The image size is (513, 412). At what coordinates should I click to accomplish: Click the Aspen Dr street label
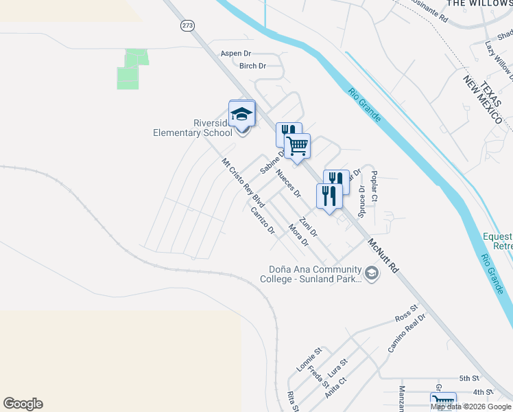(236, 53)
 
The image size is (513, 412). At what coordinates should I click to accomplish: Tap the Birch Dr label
(252, 66)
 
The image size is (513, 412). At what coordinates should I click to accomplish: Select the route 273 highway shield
(187, 25)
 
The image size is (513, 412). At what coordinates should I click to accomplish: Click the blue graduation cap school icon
(241, 114)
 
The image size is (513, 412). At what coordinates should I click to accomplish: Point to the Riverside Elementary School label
(193, 128)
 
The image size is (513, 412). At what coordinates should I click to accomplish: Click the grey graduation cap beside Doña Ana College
(372, 275)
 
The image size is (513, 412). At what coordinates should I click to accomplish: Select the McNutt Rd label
(383, 255)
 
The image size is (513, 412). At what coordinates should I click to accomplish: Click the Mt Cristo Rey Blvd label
(243, 182)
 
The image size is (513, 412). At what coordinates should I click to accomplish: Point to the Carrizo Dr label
(263, 220)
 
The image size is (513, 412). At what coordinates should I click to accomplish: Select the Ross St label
(406, 318)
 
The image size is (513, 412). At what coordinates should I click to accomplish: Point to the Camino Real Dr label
(407, 333)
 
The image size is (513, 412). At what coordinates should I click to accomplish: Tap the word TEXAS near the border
(488, 89)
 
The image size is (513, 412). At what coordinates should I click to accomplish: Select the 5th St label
(469, 378)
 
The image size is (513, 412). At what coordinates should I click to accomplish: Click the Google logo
(23, 404)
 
